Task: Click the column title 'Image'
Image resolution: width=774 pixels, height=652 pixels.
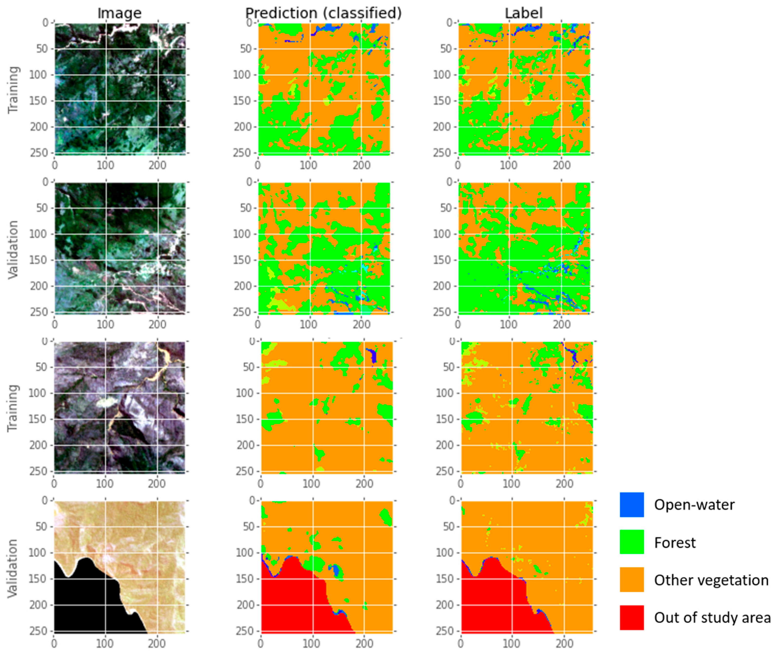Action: point(119,13)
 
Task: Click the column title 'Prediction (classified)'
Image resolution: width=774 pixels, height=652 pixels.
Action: point(323,13)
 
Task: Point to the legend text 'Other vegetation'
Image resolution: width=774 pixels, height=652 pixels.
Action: point(711,580)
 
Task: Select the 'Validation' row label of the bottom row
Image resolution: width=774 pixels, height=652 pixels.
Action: point(13,568)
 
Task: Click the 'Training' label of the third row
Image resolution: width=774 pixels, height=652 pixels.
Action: point(13,408)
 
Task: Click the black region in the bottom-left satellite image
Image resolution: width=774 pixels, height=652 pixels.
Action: point(81,603)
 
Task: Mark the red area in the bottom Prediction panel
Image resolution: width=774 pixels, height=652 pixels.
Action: point(292,603)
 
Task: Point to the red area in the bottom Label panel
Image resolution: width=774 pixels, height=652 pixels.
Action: point(491,603)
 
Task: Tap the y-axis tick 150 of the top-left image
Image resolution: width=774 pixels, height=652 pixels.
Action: point(41,101)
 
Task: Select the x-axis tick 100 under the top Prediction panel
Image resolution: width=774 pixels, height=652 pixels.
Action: point(308,165)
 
